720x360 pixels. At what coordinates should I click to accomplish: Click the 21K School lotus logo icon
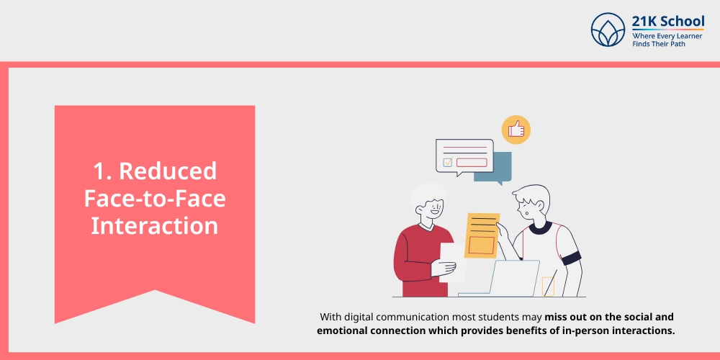(x=608, y=30)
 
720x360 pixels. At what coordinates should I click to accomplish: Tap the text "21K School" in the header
(x=667, y=21)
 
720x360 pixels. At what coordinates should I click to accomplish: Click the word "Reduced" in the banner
(x=168, y=171)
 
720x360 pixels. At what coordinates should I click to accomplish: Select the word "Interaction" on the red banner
(x=154, y=226)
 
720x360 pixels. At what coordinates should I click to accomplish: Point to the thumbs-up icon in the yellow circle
(x=516, y=130)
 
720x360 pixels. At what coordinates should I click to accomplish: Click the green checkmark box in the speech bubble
(x=448, y=162)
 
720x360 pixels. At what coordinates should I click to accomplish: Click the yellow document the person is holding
(x=482, y=235)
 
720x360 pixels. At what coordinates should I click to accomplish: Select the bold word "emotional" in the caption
(x=341, y=331)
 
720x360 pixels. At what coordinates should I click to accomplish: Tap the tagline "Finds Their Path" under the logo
(x=659, y=44)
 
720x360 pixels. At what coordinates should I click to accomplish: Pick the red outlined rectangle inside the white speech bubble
(x=472, y=163)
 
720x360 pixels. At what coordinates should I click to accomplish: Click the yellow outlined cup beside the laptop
(x=548, y=286)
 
